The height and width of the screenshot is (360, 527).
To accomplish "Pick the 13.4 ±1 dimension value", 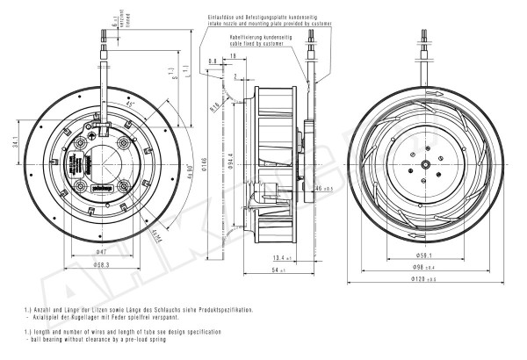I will [x=282, y=257].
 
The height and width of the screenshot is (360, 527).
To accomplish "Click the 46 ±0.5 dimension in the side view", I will [x=321, y=188].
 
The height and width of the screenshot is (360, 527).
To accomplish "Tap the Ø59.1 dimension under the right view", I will [x=425, y=256].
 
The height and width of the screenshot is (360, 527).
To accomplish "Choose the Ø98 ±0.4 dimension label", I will [x=425, y=267].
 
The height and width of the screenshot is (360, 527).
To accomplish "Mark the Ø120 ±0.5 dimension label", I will [x=425, y=279].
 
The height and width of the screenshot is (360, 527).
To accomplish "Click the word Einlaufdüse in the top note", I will [x=223, y=17].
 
